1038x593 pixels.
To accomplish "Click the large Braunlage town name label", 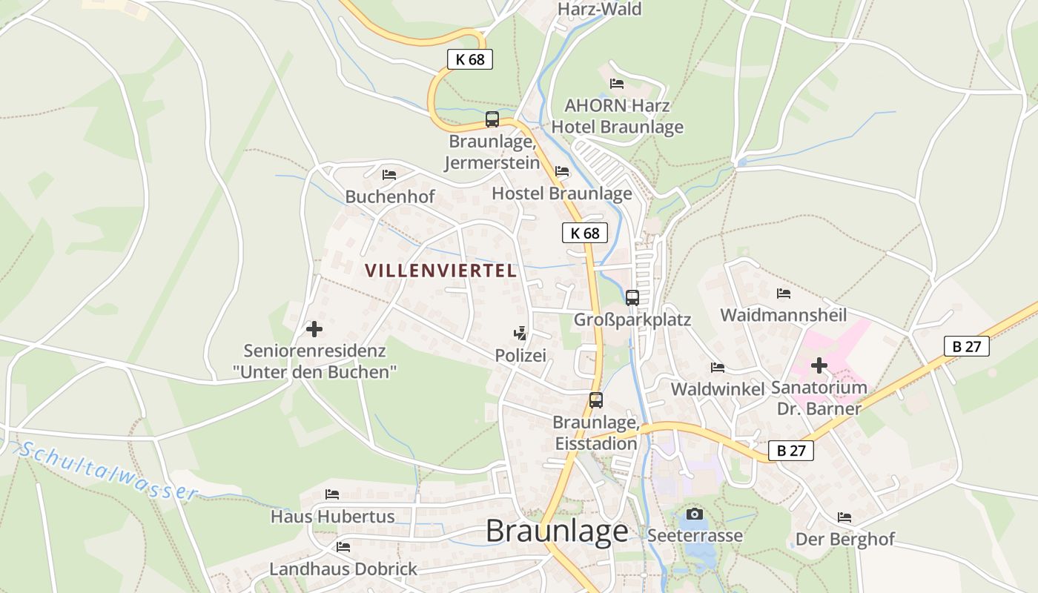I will point(557,531).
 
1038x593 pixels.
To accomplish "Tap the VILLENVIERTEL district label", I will point(441,271).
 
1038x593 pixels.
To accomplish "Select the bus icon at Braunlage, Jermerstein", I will point(492,119).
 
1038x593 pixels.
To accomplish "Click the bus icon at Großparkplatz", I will point(632,297).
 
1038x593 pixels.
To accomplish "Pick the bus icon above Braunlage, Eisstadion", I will point(596,400).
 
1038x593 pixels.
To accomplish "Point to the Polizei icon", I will point(521,333).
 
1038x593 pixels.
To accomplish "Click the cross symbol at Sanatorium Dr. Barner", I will point(819,365).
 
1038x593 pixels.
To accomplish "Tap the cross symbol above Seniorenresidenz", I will point(314,328).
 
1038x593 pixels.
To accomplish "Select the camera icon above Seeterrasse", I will point(695,514).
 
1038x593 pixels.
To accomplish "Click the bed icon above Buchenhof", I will point(389,175).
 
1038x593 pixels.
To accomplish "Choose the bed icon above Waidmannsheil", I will point(784,294).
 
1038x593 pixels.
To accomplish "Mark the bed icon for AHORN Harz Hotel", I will point(617,83).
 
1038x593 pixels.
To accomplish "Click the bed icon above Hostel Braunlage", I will point(562,171).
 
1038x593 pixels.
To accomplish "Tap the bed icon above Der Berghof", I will point(844,517).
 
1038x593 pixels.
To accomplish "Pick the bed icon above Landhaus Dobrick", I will point(343,547).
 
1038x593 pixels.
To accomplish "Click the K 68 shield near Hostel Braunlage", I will point(584,233).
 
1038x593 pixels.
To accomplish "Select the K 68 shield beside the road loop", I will point(470,59).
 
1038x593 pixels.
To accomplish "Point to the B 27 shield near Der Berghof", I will point(791,450).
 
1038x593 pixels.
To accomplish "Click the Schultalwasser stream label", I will point(108,471).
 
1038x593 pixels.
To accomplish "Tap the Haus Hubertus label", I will point(332,516).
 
